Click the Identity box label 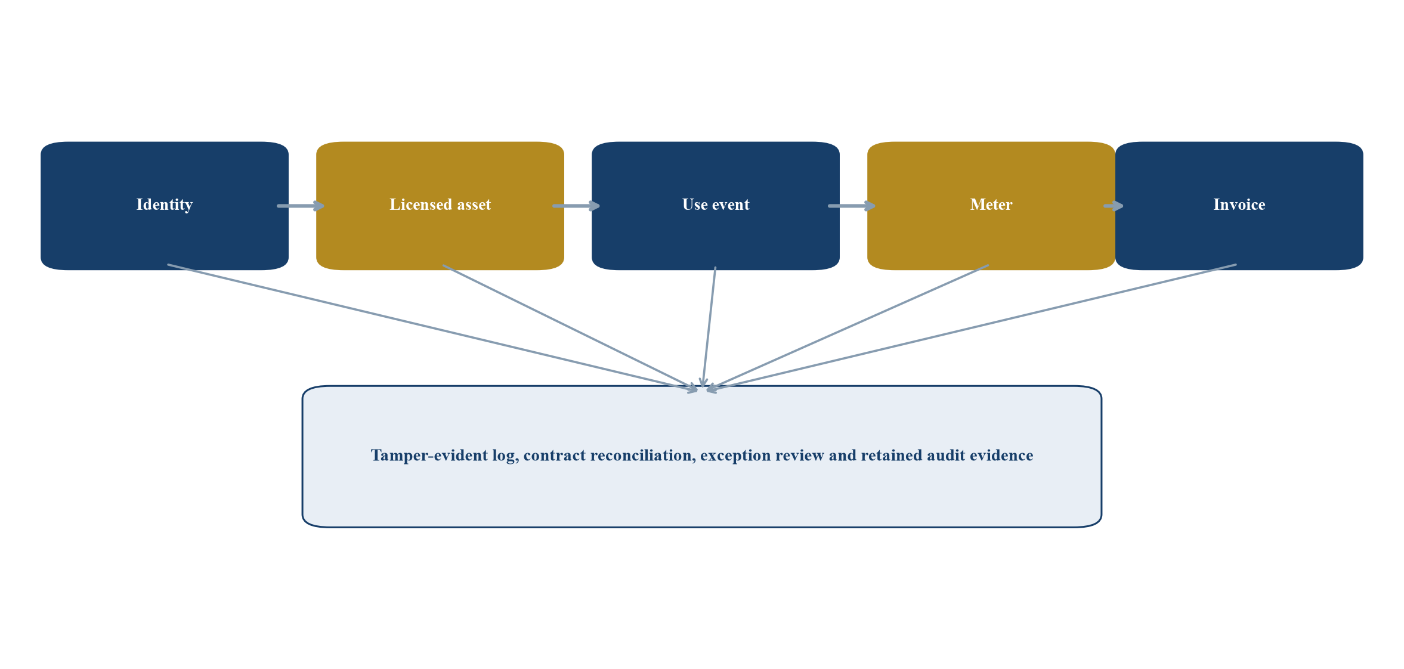click(165, 205)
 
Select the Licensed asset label click(440, 205)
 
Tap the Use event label click(716, 205)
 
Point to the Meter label click(991, 205)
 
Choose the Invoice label click(1239, 205)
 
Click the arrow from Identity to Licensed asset click(301, 206)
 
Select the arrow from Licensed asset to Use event click(577, 206)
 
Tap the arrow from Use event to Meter click(852, 206)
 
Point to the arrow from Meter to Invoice click(1114, 206)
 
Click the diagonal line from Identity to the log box click(432, 328)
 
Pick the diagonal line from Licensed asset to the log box click(570, 328)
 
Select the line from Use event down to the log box click(709, 327)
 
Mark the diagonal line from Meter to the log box click(848, 328)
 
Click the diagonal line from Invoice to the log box click(972, 328)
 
